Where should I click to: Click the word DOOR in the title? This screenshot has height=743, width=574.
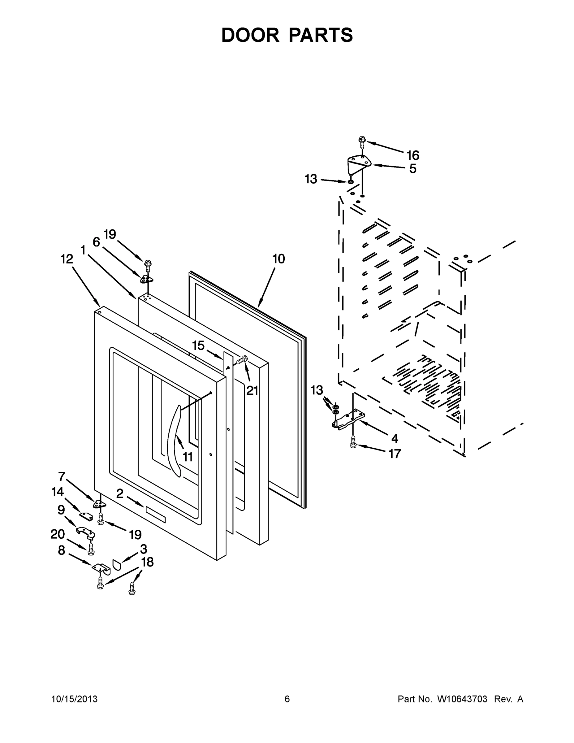click(x=250, y=35)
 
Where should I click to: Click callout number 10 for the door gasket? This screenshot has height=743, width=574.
click(x=278, y=259)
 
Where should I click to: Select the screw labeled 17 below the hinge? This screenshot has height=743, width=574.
click(x=353, y=442)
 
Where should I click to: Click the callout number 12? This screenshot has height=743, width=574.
click(x=67, y=259)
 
